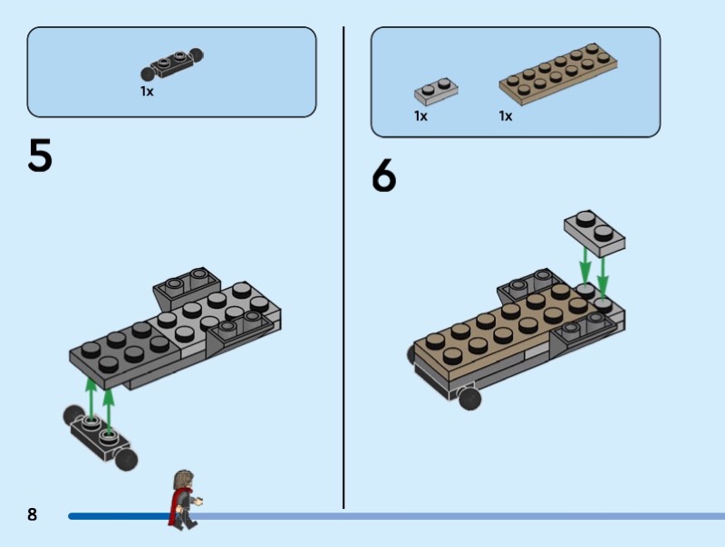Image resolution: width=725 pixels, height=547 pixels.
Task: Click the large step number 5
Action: pos(40,155)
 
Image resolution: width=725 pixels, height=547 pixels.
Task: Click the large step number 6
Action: pos(383,175)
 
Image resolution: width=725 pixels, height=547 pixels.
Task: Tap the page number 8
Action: pos(32,514)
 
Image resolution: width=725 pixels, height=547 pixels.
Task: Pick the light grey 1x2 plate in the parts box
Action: pos(436,91)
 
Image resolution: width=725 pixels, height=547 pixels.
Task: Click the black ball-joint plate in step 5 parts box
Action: pos(171,64)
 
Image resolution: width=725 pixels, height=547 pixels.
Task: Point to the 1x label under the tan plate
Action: pos(506,116)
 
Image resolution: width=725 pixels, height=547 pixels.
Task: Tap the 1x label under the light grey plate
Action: pos(420,116)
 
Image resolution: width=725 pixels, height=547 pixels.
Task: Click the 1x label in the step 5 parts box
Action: pos(147,91)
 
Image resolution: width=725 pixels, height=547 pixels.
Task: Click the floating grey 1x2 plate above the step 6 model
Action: pos(594,233)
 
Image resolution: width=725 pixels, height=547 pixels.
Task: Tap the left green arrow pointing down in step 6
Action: pos(585,265)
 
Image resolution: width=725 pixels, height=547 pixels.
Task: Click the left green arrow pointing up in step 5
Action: pos(92,399)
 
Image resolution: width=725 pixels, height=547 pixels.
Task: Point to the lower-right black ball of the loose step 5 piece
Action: pos(126,460)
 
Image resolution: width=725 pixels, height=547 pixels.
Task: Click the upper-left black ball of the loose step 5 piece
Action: pos(73,416)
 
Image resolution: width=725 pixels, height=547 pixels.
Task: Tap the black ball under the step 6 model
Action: pos(469,398)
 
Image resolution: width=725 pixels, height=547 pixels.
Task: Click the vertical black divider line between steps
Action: pos(343,267)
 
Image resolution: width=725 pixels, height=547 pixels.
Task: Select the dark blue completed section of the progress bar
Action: pos(121,516)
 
